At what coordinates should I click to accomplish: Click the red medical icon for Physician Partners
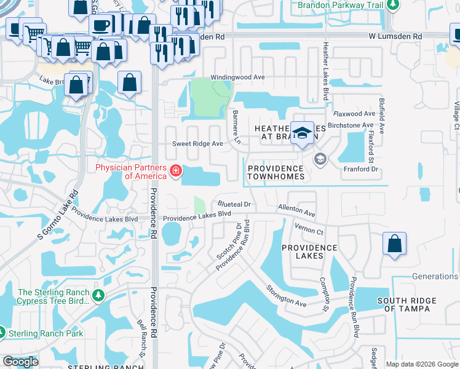[x=175, y=170]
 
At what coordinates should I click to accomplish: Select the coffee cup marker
[x=101, y=26]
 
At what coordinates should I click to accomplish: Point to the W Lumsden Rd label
[x=395, y=37]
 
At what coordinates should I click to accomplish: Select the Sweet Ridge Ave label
[x=197, y=143]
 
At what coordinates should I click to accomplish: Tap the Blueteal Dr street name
[x=235, y=204]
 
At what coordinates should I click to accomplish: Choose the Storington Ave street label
[x=286, y=296]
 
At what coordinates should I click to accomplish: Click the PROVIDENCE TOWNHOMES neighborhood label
[x=276, y=172]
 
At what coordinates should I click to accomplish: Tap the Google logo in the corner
[x=20, y=362]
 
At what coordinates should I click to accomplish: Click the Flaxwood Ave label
[x=354, y=114]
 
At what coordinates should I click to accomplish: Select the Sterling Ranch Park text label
[x=46, y=334]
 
